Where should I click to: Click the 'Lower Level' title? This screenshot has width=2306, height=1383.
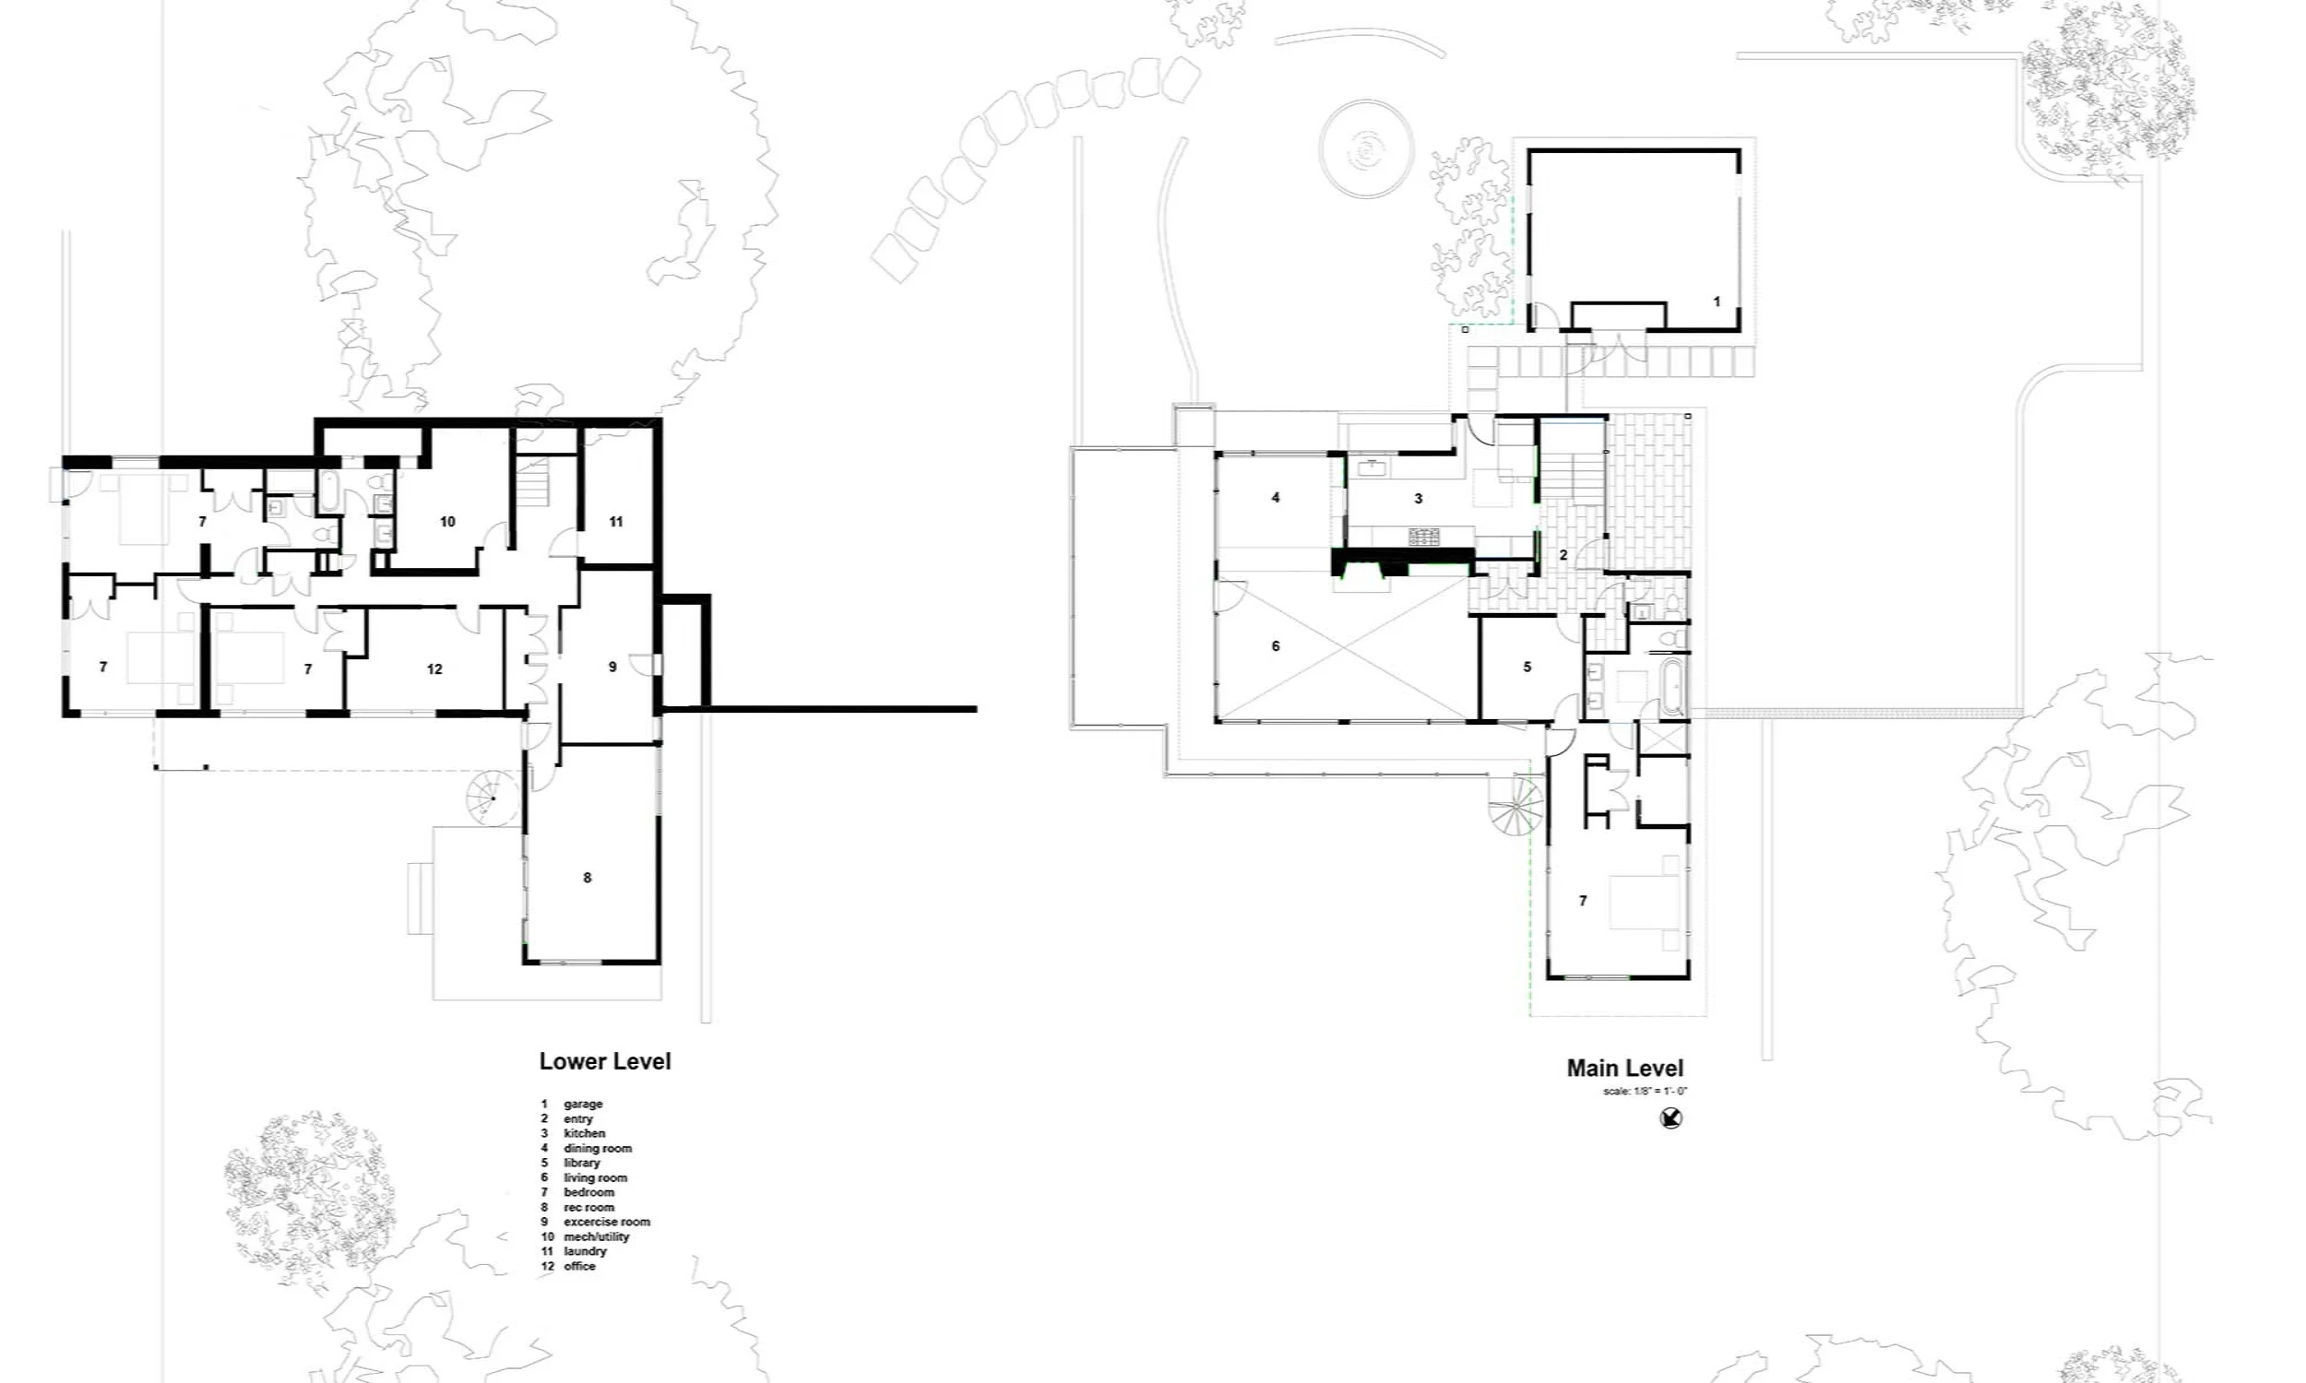tap(605, 1061)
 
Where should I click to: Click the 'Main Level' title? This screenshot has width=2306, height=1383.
tap(1624, 1068)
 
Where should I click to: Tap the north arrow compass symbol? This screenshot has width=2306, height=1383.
tap(1671, 1117)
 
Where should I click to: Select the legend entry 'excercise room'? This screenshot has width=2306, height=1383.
tap(606, 1222)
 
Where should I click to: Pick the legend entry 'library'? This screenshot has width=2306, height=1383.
tap(582, 1163)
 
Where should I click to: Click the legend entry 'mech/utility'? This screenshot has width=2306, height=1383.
tap(596, 1236)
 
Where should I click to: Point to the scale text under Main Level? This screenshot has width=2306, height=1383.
tap(1646, 1092)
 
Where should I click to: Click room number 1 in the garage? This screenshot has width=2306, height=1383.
tap(1716, 301)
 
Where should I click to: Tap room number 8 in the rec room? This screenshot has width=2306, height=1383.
tap(588, 878)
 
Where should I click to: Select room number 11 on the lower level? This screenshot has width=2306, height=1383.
tap(616, 522)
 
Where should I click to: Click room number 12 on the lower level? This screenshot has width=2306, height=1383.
tap(434, 669)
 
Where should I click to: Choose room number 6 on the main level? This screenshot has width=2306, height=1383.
tap(1276, 645)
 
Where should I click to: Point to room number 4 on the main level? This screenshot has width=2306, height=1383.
tap(1276, 498)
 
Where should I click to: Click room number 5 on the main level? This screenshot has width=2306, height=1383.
tap(1527, 668)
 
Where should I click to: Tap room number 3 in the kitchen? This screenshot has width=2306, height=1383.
tap(1419, 499)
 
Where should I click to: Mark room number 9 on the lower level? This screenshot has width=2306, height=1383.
tap(612, 668)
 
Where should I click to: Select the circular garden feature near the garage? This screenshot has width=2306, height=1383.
tap(1365, 150)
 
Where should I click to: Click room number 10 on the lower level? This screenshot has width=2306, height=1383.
tap(447, 522)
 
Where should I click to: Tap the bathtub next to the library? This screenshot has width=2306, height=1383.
tap(1674, 689)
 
